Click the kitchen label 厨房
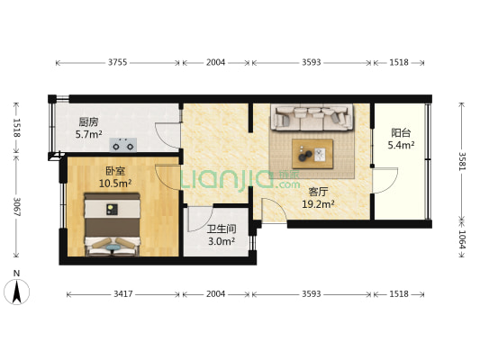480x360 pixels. (x=87, y=122)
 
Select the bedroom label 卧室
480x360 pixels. (x=114, y=171)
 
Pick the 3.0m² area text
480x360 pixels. (x=221, y=241)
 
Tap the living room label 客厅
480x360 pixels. (x=317, y=191)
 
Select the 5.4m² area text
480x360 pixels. (x=401, y=144)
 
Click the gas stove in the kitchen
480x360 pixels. (x=123, y=143)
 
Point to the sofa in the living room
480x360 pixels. (x=312, y=117)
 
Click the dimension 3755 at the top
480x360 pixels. (x=117, y=62)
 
